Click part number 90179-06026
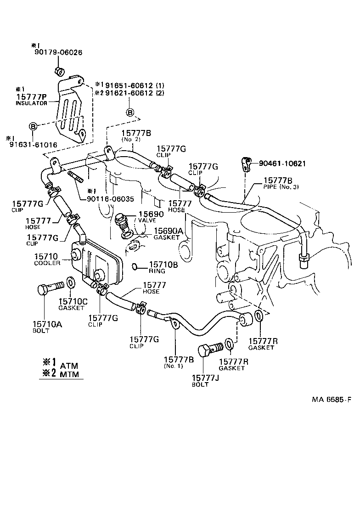pyautogui.click(x=58, y=52)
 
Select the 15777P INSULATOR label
pyautogui.click(x=31, y=99)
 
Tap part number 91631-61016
pyautogui.click(x=32, y=144)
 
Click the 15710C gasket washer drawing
pyautogui.click(x=71, y=281)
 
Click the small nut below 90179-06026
pyautogui.click(x=58, y=71)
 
